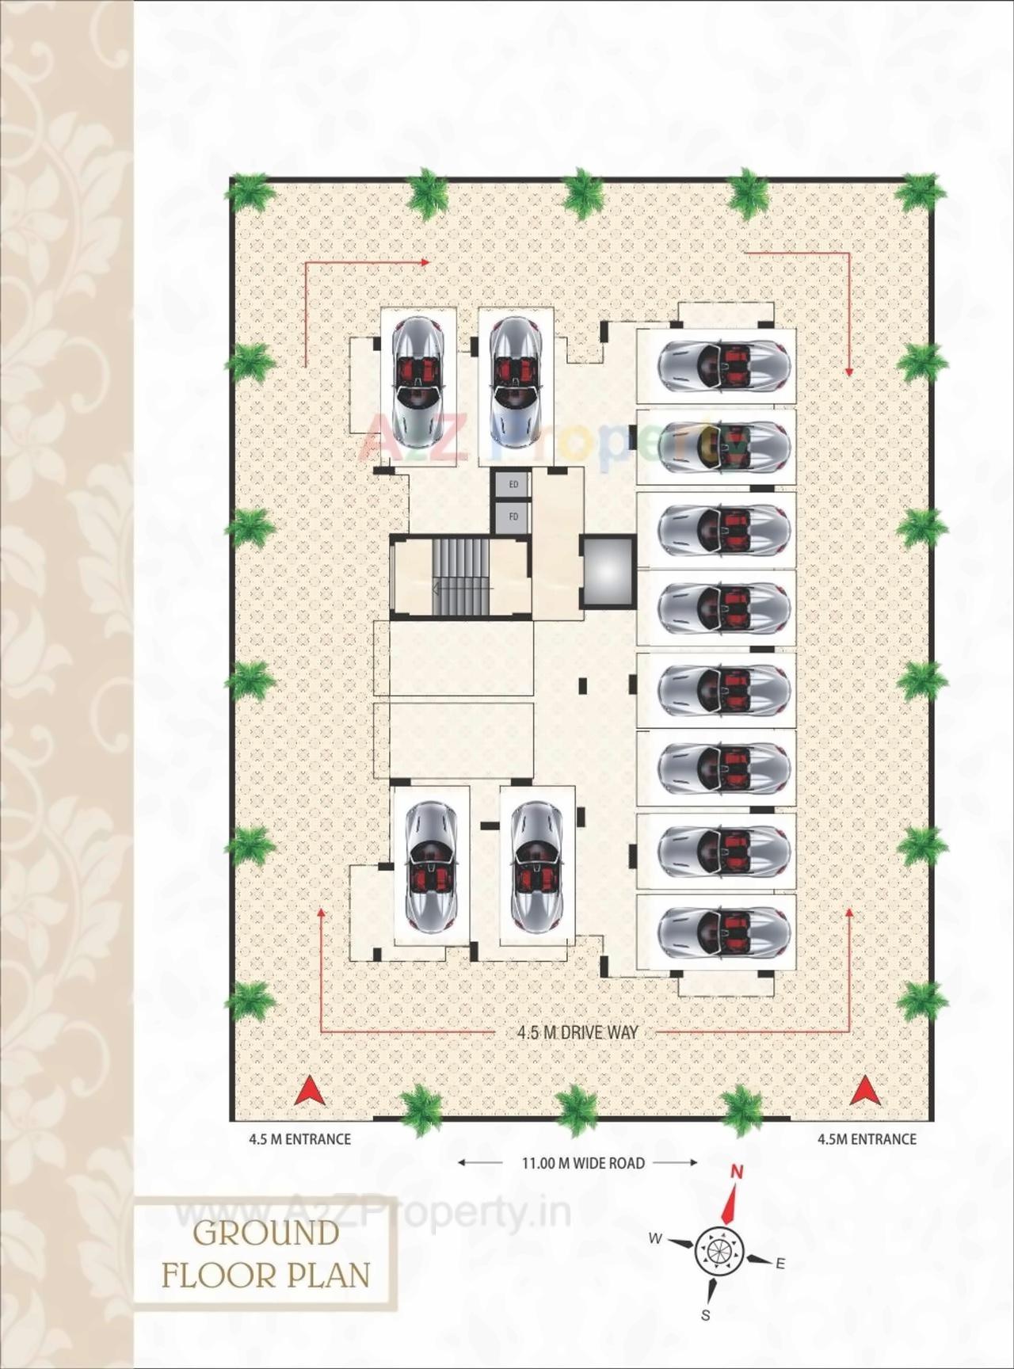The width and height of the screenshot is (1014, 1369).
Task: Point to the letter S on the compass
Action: [x=705, y=1316]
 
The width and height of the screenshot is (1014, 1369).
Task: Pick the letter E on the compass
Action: [x=780, y=1264]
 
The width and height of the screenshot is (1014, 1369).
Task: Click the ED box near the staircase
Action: [x=513, y=484]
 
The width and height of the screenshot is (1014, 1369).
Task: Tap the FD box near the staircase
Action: [x=513, y=517]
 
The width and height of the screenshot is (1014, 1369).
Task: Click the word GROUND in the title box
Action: [x=266, y=1234]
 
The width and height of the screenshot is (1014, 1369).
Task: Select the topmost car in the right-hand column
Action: [x=723, y=364]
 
